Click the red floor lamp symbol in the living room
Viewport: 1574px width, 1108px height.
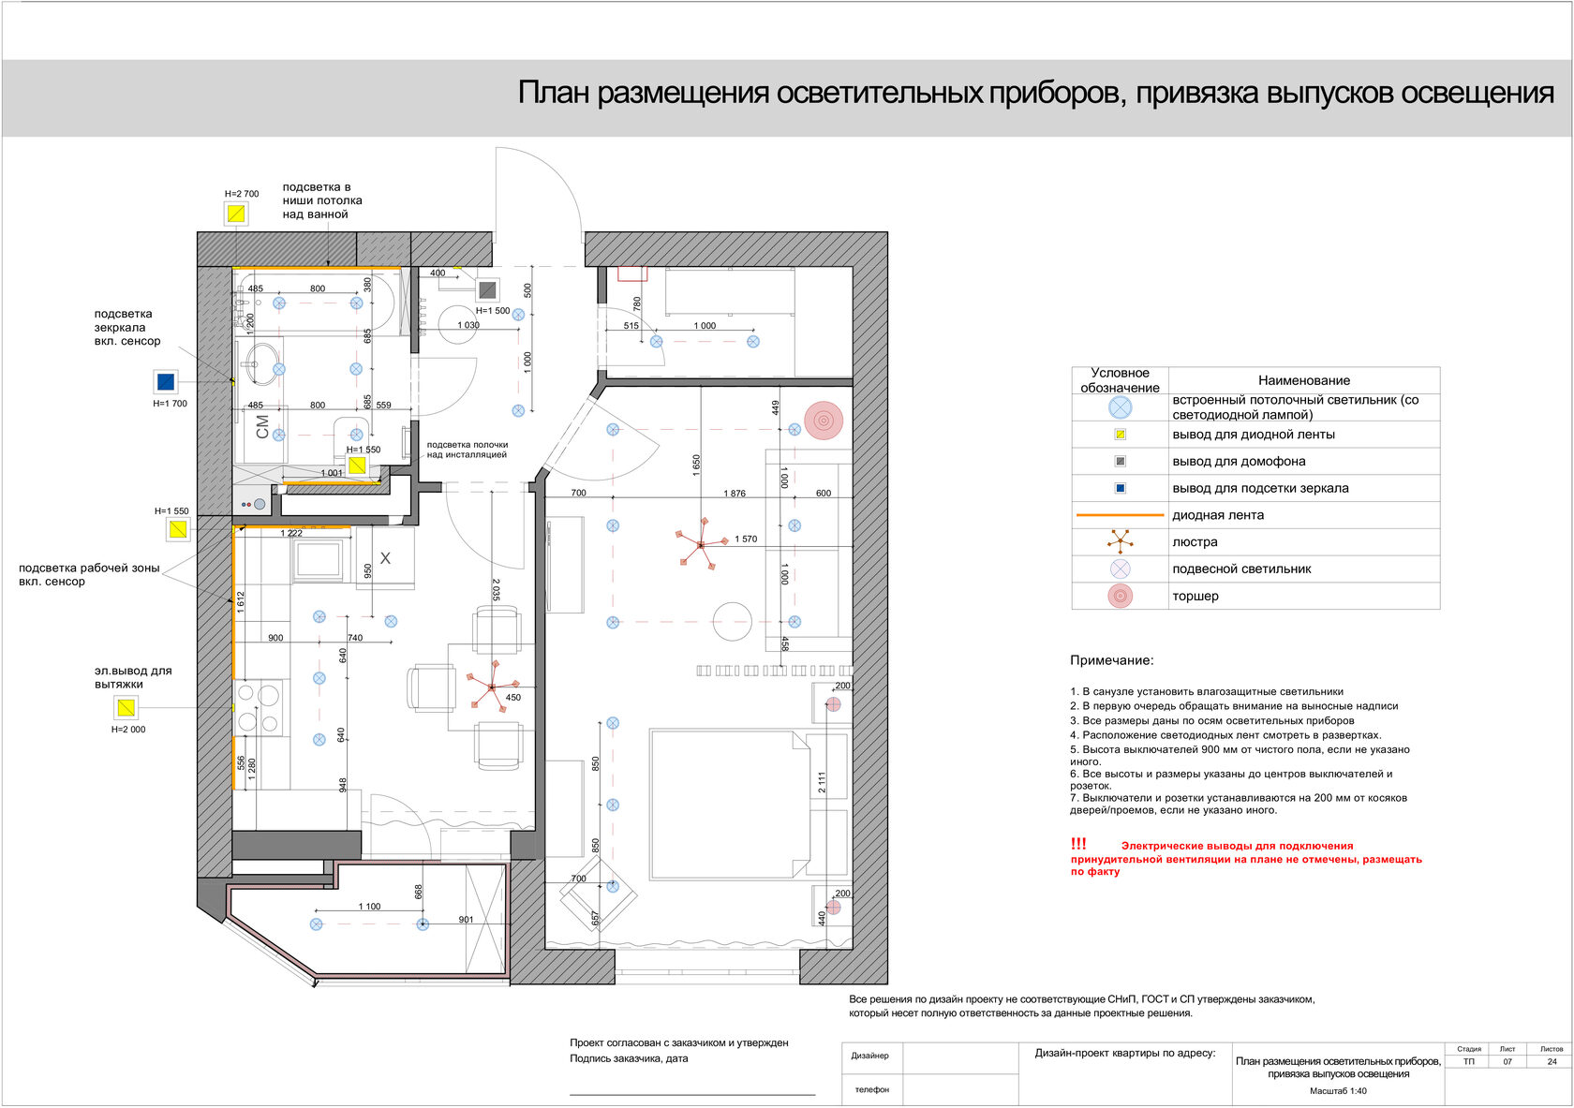point(824,421)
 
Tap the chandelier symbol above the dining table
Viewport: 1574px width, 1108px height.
point(492,687)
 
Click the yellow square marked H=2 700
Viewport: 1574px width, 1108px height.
point(236,214)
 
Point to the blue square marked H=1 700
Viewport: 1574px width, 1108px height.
point(166,381)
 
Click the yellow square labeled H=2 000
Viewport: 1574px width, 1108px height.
point(126,707)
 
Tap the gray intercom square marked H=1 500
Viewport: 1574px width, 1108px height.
point(487,290)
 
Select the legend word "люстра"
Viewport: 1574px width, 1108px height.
point(1195,542)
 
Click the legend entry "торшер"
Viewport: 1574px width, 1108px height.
point(1195,596)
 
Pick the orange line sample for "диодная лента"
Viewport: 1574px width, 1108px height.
point(1120,515)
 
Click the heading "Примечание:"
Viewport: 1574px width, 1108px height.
point(1112,660)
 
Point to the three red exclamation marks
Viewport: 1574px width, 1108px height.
point(1078,844)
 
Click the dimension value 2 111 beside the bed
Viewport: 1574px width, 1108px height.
point(822,782)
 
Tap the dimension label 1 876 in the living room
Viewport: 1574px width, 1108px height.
point(735,494)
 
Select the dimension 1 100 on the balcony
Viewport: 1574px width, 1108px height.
point(369,907)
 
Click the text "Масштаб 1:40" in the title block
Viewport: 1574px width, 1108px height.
point(1338,1090)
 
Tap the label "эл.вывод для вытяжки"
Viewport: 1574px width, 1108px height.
point(132,677)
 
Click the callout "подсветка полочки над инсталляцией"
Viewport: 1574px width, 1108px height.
point(467,450)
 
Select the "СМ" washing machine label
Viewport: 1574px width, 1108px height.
point(262,427)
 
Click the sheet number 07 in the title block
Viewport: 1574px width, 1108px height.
point(1507,1061)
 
